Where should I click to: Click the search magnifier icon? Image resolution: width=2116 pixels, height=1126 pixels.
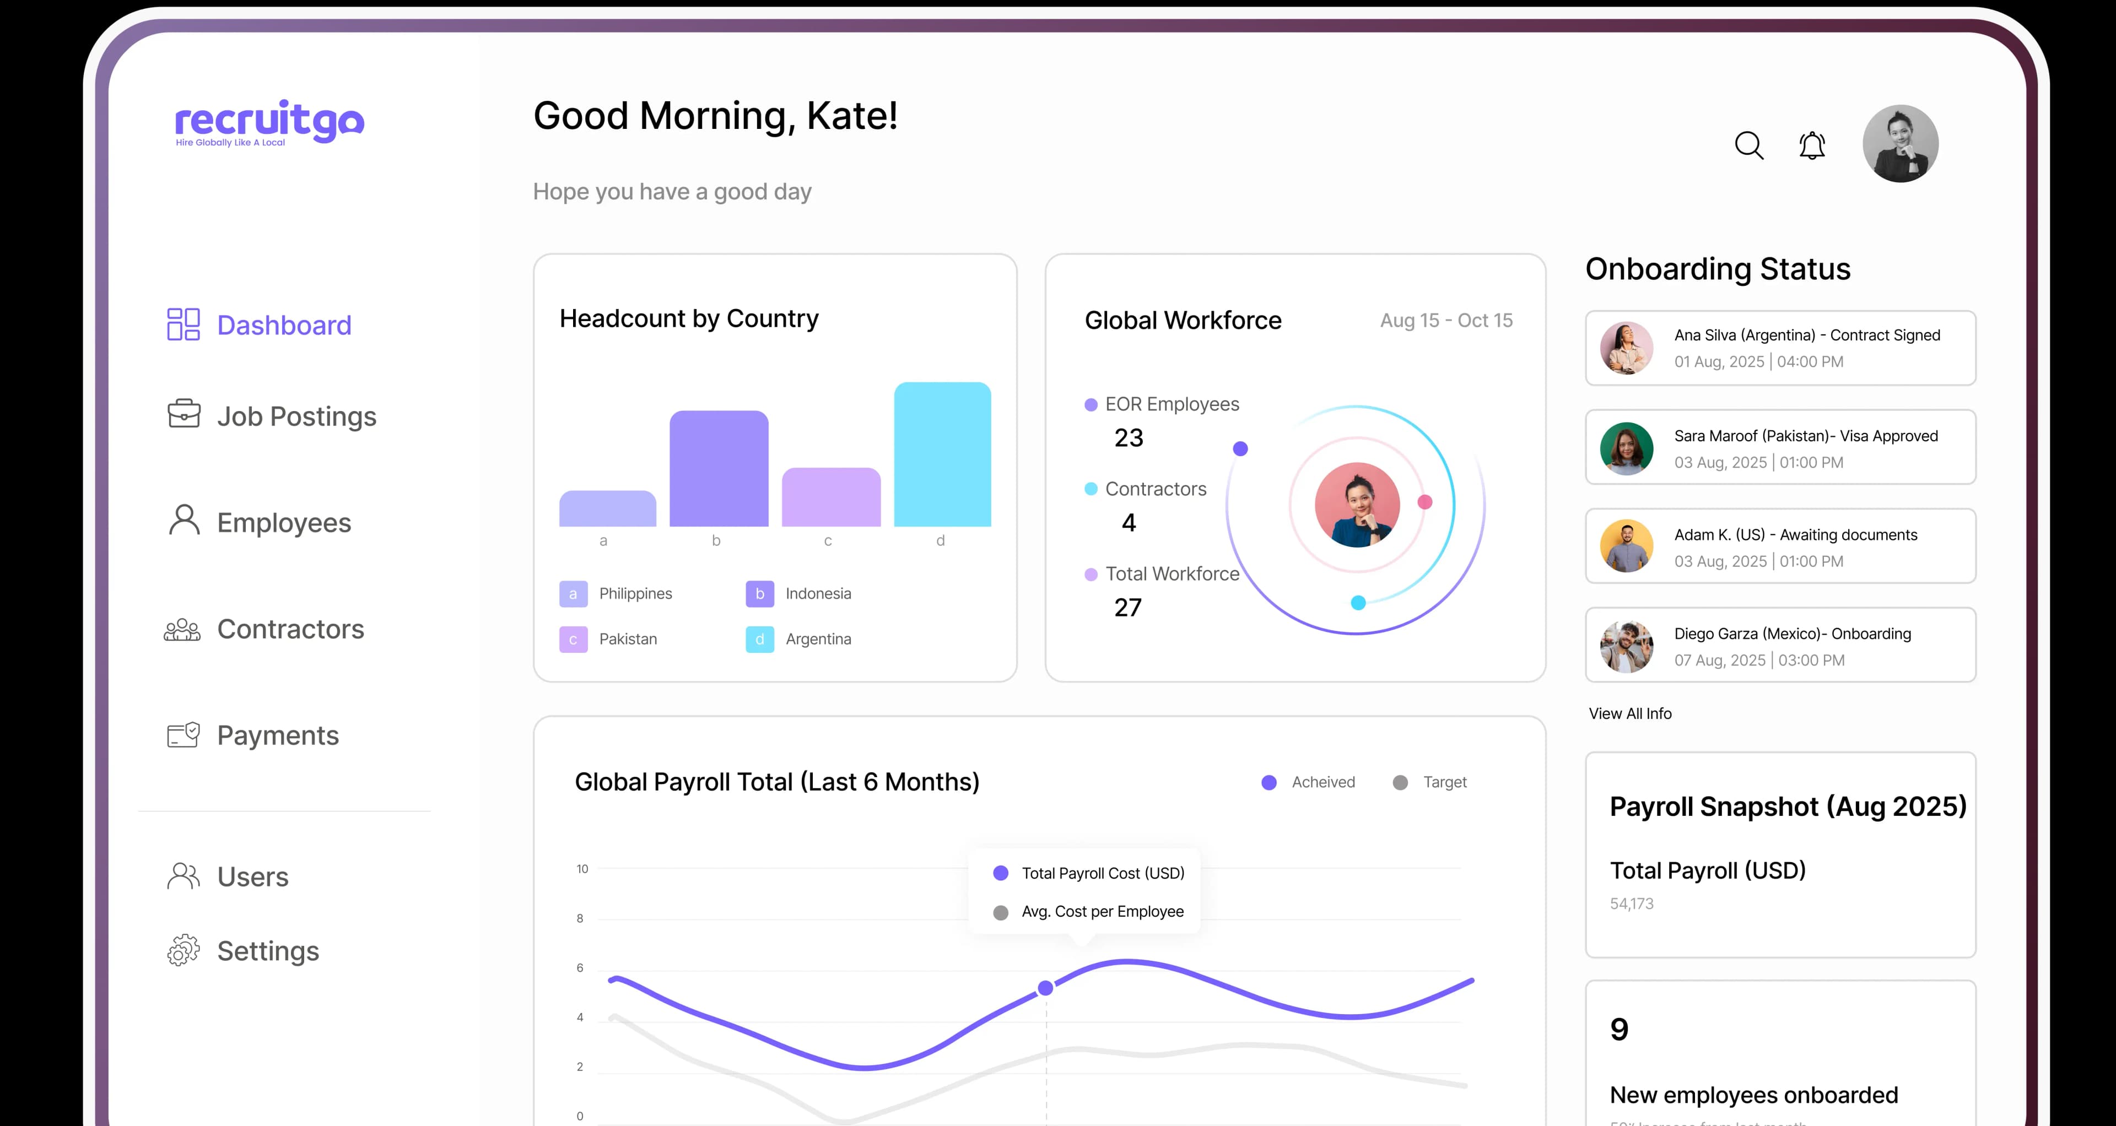[x=1749, y=145]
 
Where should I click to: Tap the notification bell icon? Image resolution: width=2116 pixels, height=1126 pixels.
[x=1812, y=145]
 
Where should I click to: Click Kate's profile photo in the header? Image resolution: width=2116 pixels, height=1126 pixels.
[x=1900, y=144]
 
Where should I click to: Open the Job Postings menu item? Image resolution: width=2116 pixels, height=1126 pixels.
[x=296, y=416]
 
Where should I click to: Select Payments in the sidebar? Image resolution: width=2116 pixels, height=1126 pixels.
[x=278, y=735]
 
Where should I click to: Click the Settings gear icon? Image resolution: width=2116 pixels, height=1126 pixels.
[x=183, y=950]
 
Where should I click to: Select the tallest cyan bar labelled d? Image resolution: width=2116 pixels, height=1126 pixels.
[x=942, y=454]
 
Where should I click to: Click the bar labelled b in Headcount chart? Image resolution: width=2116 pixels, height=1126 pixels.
[x=719, y=468]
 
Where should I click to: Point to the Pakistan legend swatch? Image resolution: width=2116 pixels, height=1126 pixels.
[x=573, y=639]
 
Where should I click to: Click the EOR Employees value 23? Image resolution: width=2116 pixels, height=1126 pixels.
[x=1129, y=438]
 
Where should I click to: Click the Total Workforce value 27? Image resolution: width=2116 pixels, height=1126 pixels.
[x=1128, y=608]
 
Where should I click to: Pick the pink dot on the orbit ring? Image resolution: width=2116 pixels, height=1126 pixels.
[x=1425, y=502]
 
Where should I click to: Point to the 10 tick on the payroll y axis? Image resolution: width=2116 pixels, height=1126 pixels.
[x=582, y=869]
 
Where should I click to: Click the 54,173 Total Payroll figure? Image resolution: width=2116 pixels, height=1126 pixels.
[x=1631, y=903]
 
